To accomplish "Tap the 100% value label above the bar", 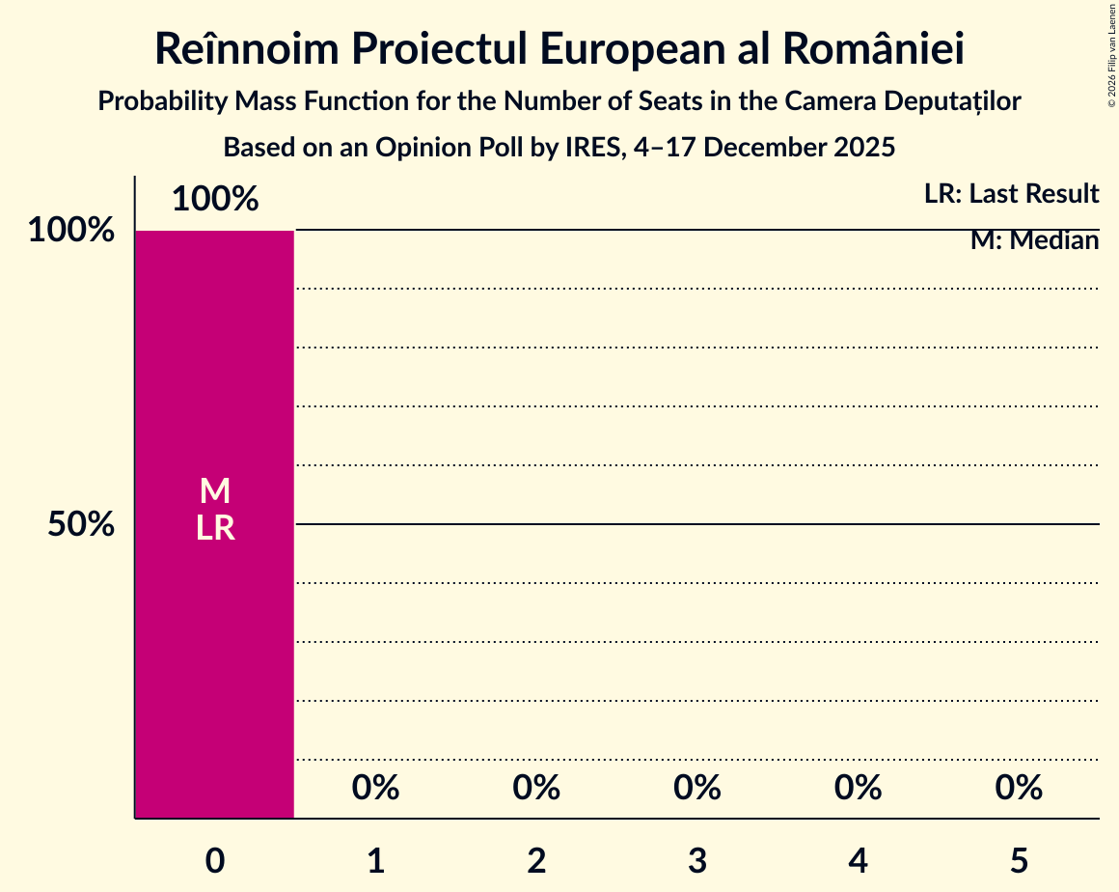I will click(215, 200).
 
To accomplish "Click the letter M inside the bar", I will click(215, 491).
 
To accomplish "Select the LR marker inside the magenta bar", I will click(215, 528).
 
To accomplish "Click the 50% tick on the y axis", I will click(82, 525).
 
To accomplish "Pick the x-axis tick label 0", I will click(215, 860).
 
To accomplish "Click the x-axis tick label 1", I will click(376, 860).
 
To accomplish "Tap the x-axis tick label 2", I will click(536, 860).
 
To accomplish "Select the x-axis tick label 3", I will click(697, 860).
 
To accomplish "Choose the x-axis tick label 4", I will click(859, 860).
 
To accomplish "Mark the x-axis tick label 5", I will click(1019, 860).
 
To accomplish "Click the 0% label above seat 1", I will click(376, 789).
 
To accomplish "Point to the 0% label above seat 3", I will click(697, 789).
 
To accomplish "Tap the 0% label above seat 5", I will click(1019, 789).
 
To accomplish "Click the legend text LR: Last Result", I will click(1011, 194).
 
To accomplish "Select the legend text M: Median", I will click(1034, 240).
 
